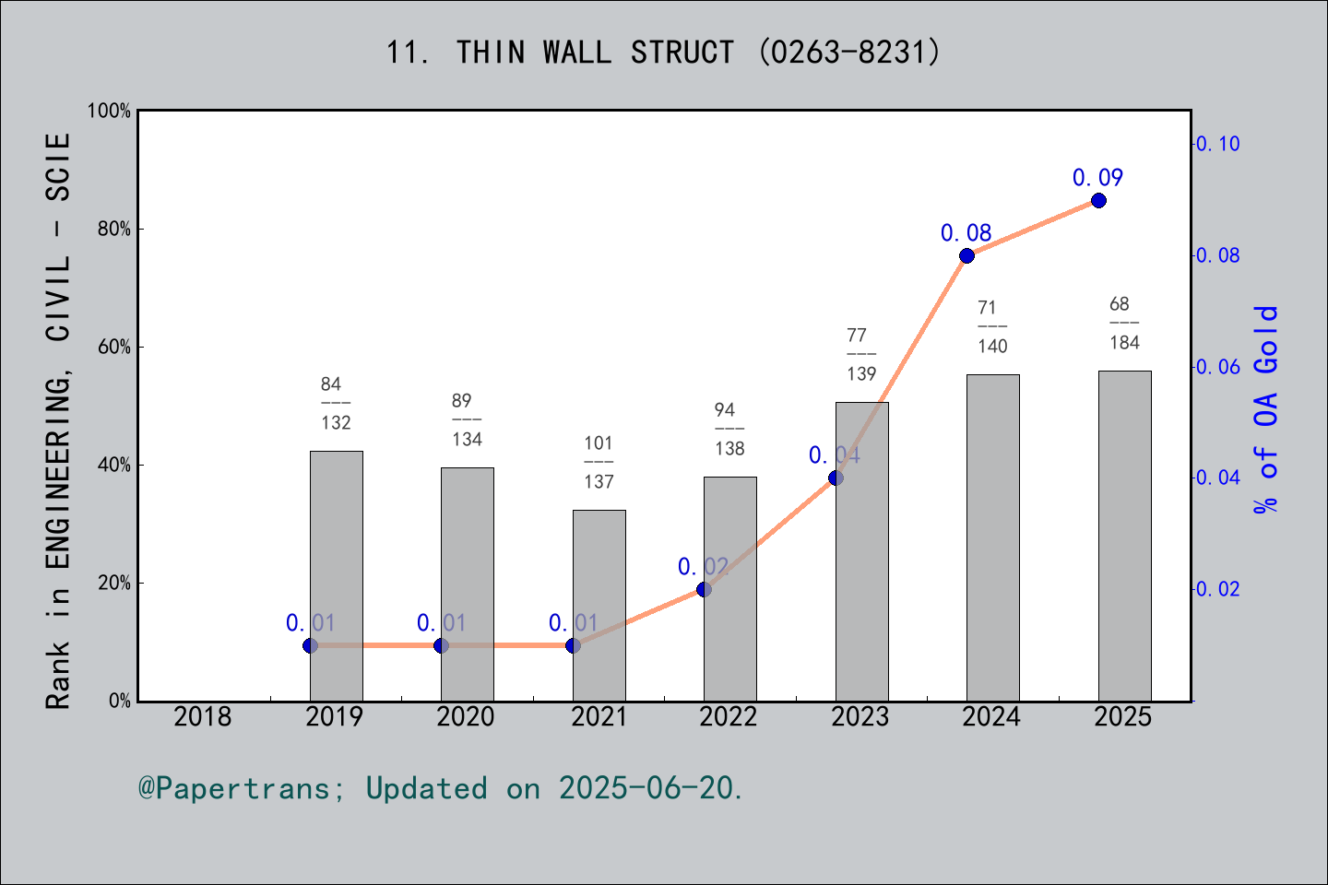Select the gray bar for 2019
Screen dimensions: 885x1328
[336, 575]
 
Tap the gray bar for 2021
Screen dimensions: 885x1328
[599, 605]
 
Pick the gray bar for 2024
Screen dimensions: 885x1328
[992, 537]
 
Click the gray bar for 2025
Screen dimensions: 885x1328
[1124, 535]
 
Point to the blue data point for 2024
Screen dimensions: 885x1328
[966, 255]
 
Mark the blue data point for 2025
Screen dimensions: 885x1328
[1098, 201]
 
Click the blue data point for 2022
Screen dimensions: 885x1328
[704, 589]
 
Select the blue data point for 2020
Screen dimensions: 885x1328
[441, 645]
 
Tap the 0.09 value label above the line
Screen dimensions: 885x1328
[1097, 178]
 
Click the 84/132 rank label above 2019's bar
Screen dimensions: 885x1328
[336, 403]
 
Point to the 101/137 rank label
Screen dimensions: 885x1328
[599, 462]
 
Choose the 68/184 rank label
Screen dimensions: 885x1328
[1124, 323]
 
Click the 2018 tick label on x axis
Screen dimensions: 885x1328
[203, 716]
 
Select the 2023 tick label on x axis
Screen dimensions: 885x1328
[860, 716]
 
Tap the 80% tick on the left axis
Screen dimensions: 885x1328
[114, 229]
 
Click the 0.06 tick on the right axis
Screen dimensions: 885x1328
[1217, 367]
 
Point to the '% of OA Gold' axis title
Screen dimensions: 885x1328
[1266, 409]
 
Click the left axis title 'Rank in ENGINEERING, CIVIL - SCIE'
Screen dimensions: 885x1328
[58, 420]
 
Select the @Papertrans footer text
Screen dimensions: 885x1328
[441, 788]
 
